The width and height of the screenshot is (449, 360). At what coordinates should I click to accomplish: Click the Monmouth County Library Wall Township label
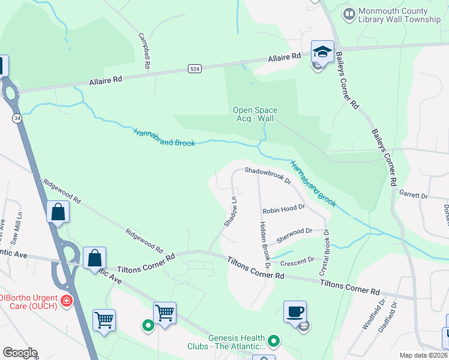point(399,16)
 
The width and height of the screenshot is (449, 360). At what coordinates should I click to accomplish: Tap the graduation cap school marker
point(322,52)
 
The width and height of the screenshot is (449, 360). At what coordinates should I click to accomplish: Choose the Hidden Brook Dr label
point(262,243)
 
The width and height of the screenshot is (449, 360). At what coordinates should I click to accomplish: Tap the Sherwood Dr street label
point(294,235)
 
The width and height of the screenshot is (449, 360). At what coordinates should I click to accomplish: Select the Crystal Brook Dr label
point(325,253)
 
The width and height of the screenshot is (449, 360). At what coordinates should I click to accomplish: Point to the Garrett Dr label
point(414,196)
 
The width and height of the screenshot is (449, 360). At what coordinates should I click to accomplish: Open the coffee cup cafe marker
point(295,313)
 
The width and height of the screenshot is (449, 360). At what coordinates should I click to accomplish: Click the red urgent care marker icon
point(67,300)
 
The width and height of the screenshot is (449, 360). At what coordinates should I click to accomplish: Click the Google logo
point(20,353)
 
